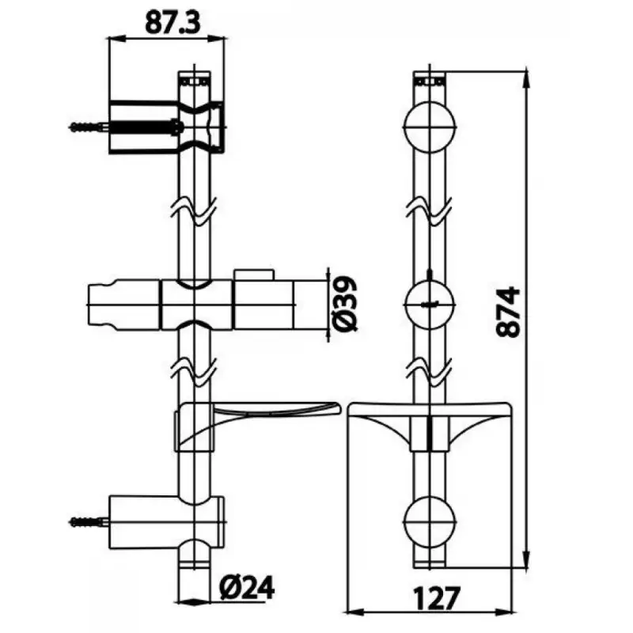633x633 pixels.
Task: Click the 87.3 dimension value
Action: pyautogui.click(x=172, y=24)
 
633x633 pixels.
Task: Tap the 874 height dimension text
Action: pyautogui.click(x=508, y=312)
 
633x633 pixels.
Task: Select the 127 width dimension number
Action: pyautogui.click(x=437, y=598)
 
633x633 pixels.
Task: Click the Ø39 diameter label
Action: pyautogui.click(x=345, y=304)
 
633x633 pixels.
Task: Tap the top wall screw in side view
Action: pyautogui.click(x=87, y=127)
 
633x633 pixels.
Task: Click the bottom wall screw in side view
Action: pyautogui.click(x=88, y=522)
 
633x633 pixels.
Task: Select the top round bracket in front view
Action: pyautogui.click(x=430, y=127)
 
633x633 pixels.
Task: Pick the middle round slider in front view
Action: pyautogui.click(x=430, y=304)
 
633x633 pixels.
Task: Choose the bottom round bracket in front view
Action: pyautogui.click(x=430, y=521)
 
